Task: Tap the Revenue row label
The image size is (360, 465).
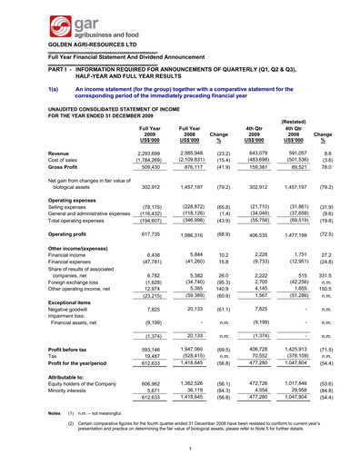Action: [x=35, y=154]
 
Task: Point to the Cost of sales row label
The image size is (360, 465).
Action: [x=40, y=163]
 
